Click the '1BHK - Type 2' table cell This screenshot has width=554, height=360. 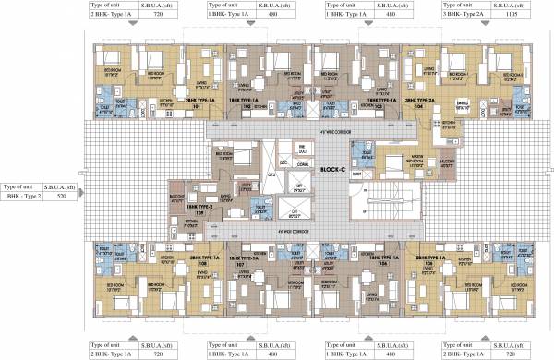23,196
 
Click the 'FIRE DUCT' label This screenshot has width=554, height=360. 301,148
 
